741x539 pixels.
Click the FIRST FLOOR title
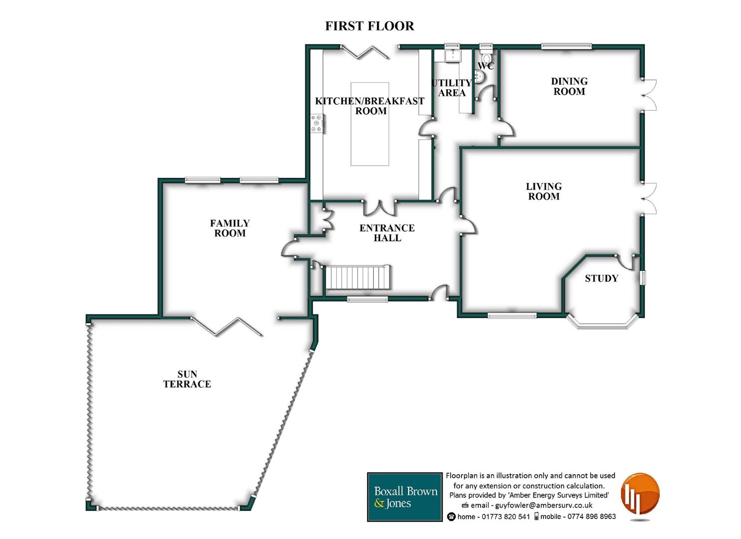coord(369,26)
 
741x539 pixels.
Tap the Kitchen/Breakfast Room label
coord(370,106)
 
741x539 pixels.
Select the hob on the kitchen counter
coord(317,123)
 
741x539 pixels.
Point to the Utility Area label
coord(452,88)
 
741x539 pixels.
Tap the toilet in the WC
coord(486,56)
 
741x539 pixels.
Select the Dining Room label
coord(569,86)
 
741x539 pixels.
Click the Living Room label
coord(543,191)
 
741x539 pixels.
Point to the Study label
coord(601,278)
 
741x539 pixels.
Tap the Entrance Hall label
coord(387,233)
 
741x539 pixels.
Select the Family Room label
coord(230,228)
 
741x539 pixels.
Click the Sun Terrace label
coord(187,379)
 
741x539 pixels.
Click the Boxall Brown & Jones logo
coord(405,497)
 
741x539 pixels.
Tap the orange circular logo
coord(640,495)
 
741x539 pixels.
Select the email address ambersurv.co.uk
coord(543,505)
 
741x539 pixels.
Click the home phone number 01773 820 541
coord(505,517)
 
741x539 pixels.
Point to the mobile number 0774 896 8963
coord(591,517)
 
